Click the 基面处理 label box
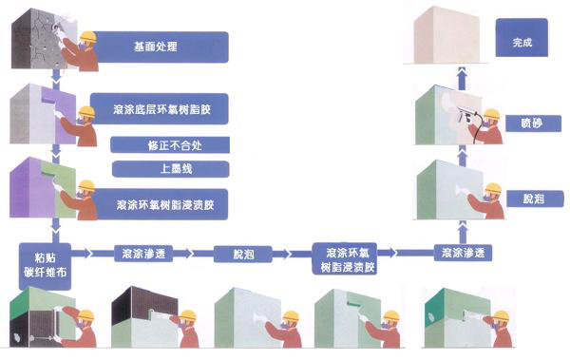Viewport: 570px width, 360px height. [x=162, y=47]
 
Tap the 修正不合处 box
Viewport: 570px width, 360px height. [x=170, y=145]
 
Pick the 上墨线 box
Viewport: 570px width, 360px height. [x=170, y=169]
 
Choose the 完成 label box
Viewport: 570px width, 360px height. [x=522, y=43]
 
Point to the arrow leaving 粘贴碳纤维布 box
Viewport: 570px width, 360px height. [x=87, y=254]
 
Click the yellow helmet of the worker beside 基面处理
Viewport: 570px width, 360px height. [x=88, y=37]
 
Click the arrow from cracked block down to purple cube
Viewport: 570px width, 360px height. [x=58, y=75]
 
